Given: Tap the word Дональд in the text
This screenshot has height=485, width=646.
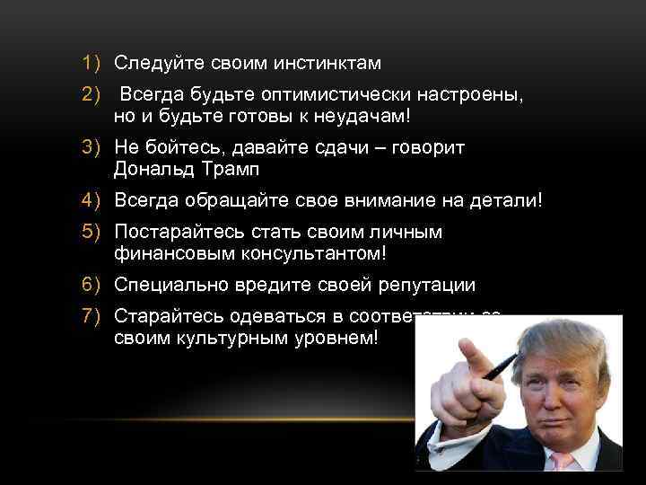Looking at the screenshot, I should click(x=153, y=170).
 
